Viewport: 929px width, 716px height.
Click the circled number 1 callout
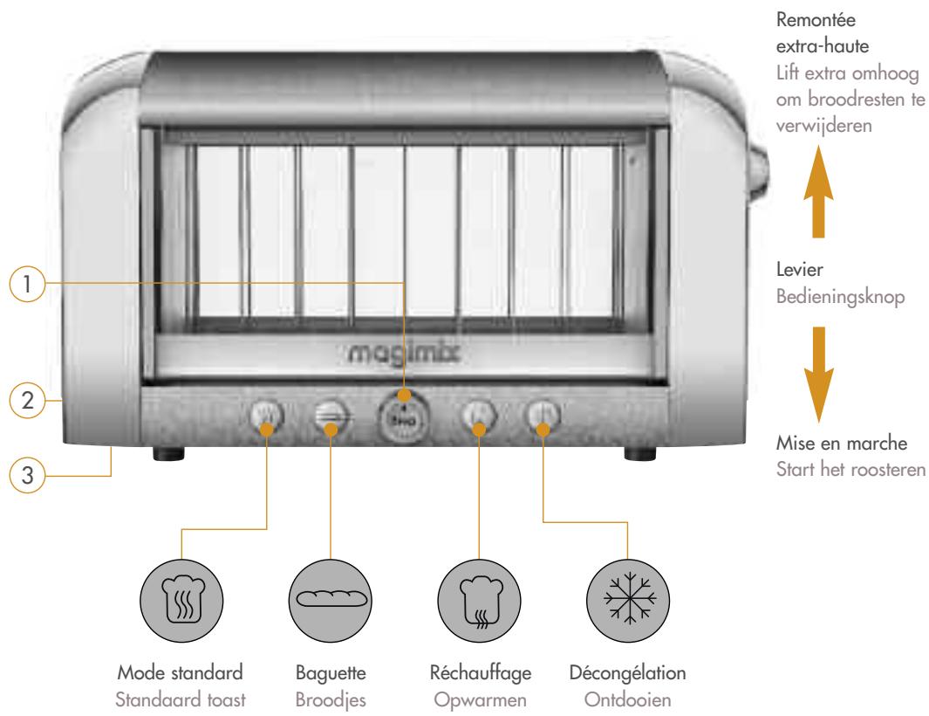click(27, 284)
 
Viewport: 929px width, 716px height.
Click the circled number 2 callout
click(27, 401)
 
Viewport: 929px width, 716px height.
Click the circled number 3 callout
click(27, 475)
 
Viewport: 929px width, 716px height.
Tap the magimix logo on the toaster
click(403, 354)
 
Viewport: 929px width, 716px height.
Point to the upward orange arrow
click(818, 191)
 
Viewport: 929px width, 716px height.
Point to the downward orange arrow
click(818, 375)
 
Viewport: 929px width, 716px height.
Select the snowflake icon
click(628, 600)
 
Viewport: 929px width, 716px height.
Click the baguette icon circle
click(331, 600)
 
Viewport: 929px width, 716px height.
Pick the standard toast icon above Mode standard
click(181, 600)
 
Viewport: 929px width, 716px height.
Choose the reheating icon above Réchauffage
click(479, 600)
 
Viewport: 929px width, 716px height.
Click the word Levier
click(799, 270)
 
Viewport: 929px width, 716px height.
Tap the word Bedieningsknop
click(840, 297)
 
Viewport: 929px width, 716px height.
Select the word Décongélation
click(627, 672)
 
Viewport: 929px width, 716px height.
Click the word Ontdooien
click(627, 700)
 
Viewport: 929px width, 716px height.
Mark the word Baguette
click(331, 672)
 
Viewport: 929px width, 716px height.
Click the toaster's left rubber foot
click(168, 453)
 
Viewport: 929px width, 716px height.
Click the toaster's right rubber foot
click(640, 453)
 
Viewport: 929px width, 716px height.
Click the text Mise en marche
click(841, 443)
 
